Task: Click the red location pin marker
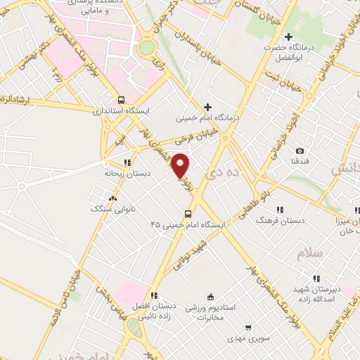[181, 165]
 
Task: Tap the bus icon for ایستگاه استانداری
[122, 100]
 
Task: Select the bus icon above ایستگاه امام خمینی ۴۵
[188, 214]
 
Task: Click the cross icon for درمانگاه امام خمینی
[207, 107]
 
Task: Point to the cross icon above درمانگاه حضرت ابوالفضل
[288, 37]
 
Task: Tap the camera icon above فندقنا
[300, 151]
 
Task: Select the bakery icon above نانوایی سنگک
[112, 199]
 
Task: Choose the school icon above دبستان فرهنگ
[280, 210]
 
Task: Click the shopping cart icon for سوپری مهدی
[248, 327]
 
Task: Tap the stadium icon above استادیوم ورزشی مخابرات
[209, 297]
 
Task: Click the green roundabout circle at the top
[147, 48]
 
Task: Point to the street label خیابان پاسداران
[205, 51]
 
